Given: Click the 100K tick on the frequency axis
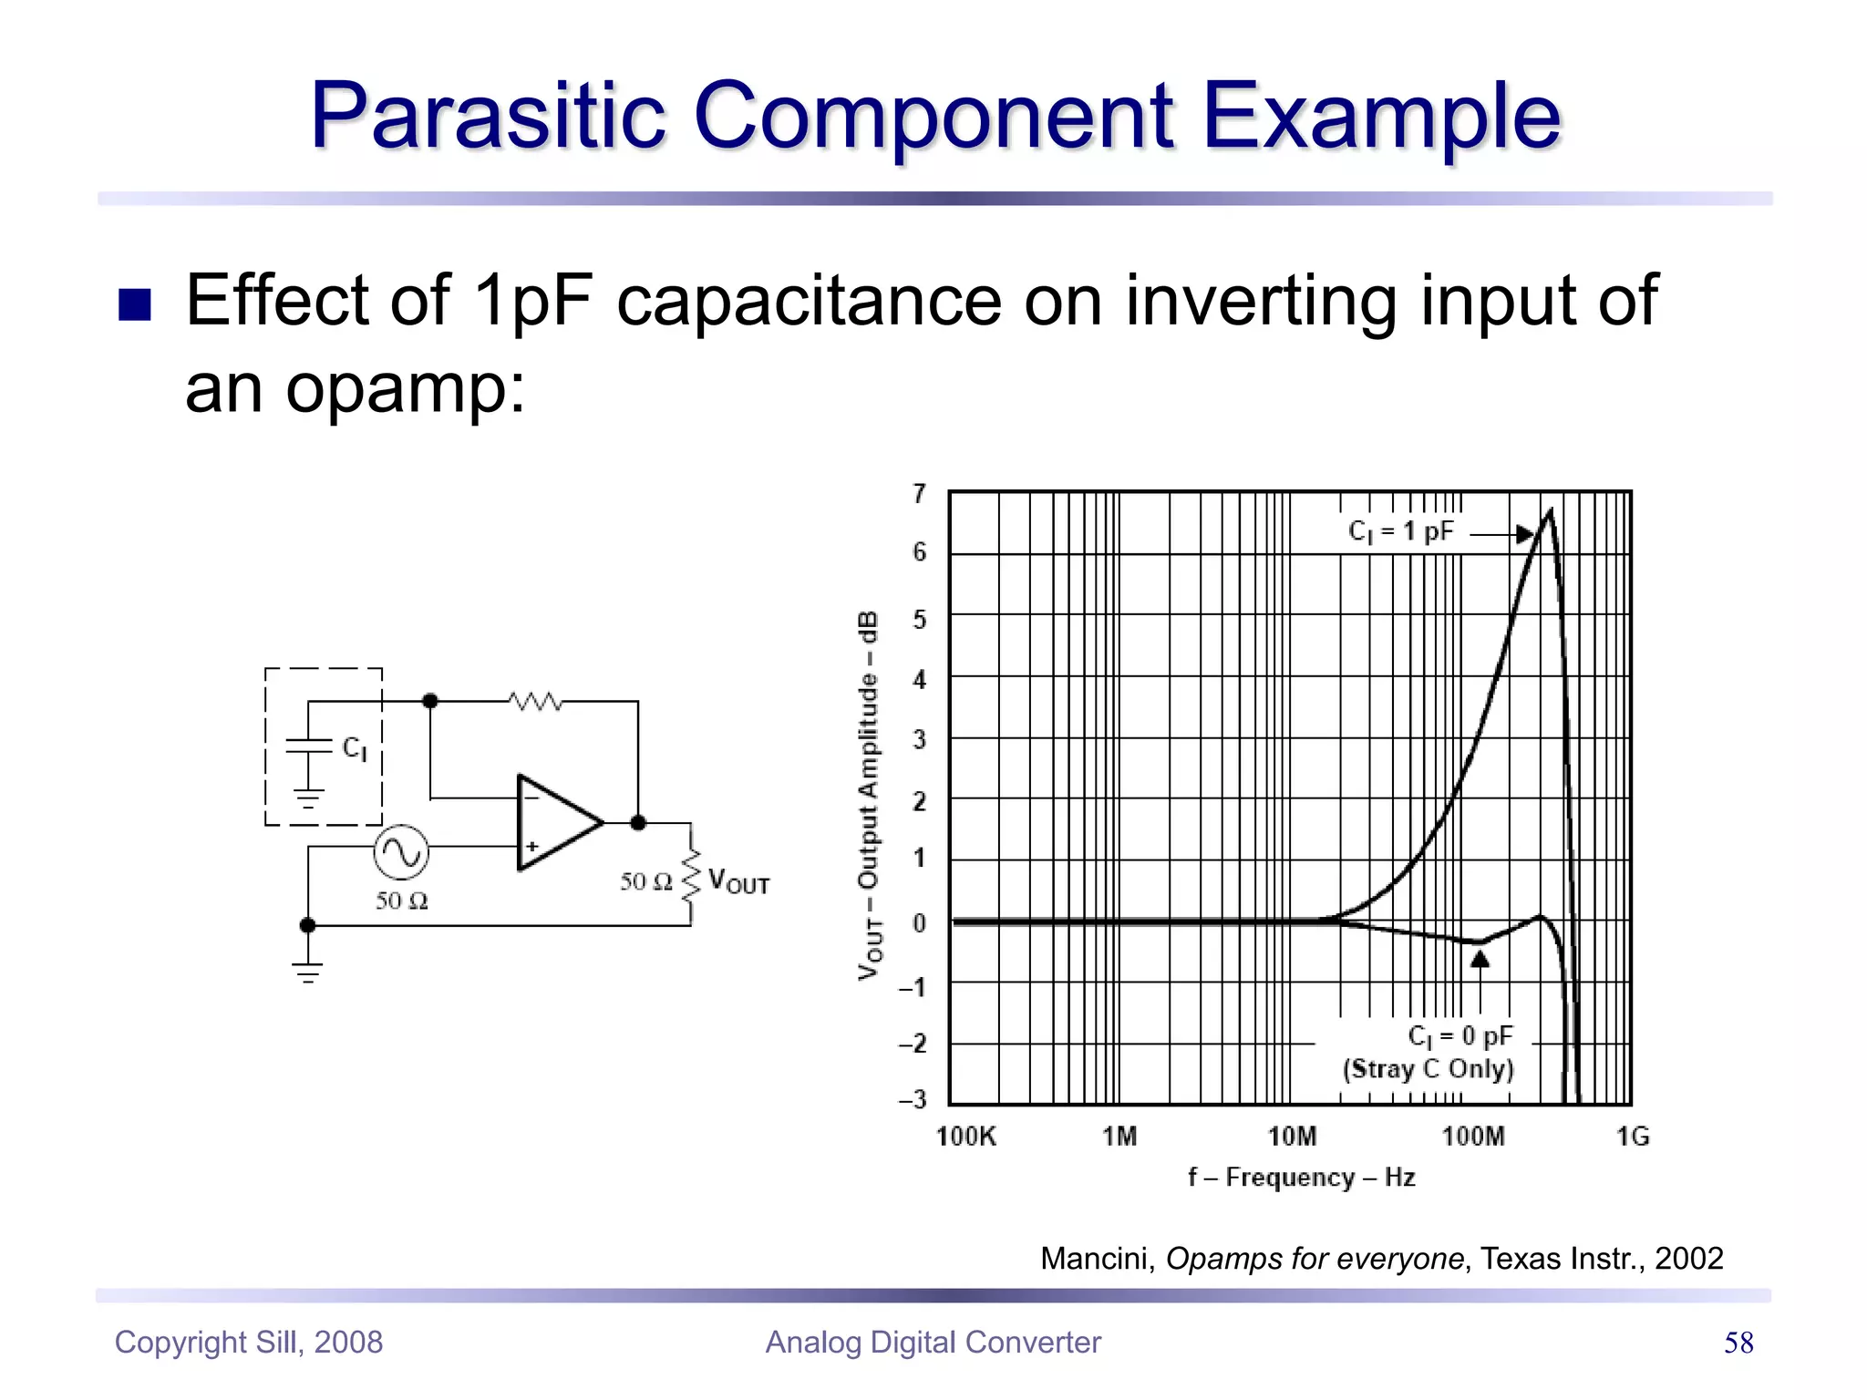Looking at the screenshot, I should (x=966, y=1137).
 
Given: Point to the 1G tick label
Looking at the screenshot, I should (x=1633, y=1137).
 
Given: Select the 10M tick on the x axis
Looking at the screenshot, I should (x=1292, y=1137).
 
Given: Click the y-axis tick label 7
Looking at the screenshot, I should (x=919, y=494).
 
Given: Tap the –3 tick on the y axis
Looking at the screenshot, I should (x=913, y=1100).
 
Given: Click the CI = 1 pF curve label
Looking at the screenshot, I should (x=1401, y=531).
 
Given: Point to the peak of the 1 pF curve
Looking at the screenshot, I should (x=1550, y=513).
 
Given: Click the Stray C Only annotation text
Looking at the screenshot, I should (x=1429, y=1068).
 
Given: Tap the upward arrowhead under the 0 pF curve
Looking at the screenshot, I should (x=1480, y=959).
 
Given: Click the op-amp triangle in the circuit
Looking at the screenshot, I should (x=554, y=823).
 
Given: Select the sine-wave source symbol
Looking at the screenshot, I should (x=401, y=852).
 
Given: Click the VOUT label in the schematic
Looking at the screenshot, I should (x=738, y=881).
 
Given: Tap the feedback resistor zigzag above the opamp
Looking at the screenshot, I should (x=535, y=701).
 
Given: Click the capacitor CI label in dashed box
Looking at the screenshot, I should (x=355, y=749).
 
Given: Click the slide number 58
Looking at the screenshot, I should (x=1738, y=1343).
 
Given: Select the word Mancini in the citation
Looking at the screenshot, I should (x=1098, y=1259).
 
